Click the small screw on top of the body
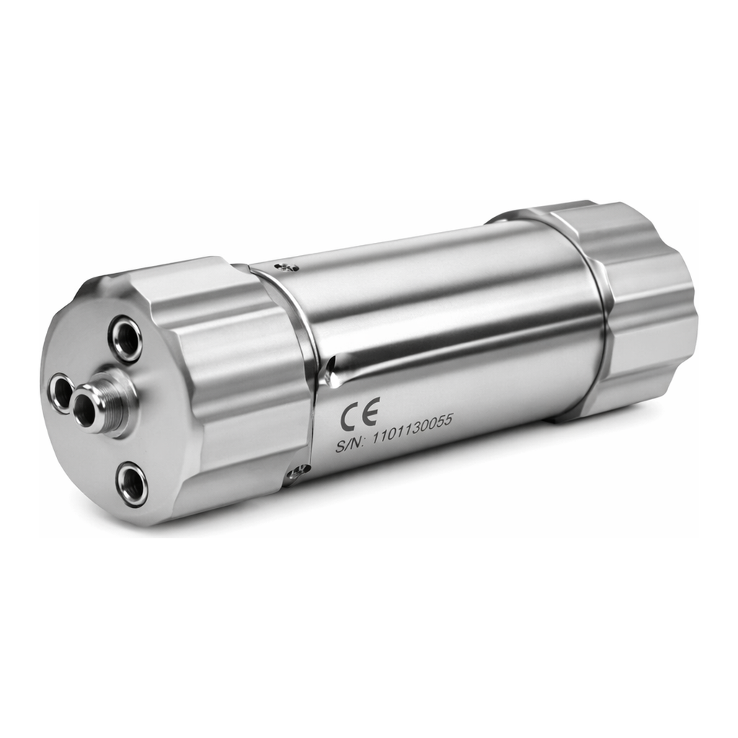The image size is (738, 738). click(288, 267)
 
